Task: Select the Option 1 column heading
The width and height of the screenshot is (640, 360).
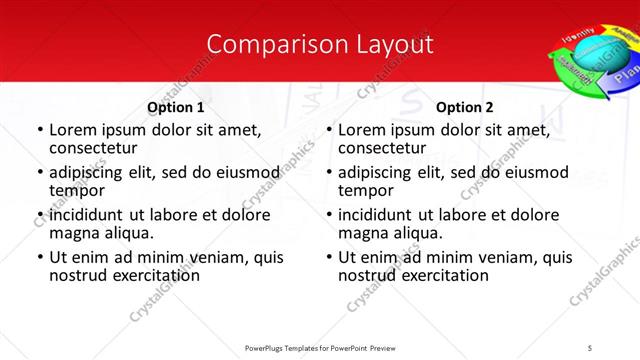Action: coord(176,108)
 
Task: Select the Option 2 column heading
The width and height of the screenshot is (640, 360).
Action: coord(465,108)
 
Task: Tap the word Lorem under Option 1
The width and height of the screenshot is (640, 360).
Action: coord(73,130)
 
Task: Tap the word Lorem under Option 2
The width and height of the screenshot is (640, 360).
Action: coord(362,130)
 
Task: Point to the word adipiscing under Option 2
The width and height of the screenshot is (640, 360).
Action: coord(378,172)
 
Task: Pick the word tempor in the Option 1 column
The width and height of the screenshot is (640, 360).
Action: coord(77,190)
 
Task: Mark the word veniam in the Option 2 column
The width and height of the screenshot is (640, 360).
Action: coord(509,257)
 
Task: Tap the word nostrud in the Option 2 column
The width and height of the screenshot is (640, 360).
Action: coord(367,275)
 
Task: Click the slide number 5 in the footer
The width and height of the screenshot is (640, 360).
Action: coord(590,347)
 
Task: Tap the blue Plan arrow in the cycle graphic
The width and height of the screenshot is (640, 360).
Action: coord(625,75)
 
